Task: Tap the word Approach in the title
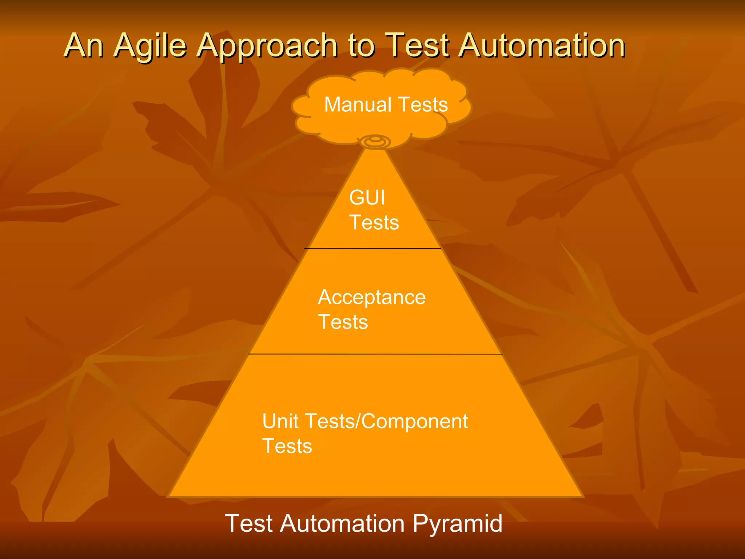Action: click(267, 46)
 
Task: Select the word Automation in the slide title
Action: click(542, 46)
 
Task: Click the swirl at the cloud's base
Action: click(375, 141)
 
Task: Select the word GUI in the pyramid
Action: click(367, 198)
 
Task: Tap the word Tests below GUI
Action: click(374, 222)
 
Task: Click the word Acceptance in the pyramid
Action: click(372, 297)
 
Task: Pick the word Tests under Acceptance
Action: click(343, 322)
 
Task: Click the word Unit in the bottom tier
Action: click(280, 421)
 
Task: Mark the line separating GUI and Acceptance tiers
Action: click(372, 249)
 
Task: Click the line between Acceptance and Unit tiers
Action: click(375, 354)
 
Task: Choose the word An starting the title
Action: click(84, 46)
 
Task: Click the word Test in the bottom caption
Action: click(249, 523)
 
